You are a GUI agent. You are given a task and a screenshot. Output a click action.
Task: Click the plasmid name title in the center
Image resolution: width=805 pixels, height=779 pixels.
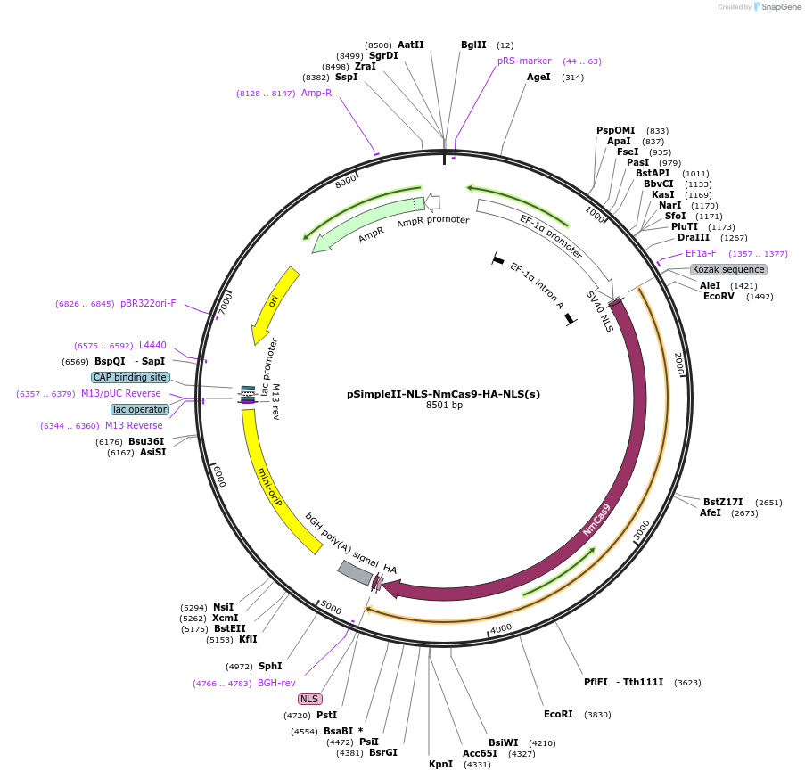click(443, 394)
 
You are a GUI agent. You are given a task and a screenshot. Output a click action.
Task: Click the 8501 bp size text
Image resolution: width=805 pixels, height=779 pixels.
click(443, 406)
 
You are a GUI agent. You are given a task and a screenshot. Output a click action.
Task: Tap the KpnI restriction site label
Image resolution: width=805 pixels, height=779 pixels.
click(440, 764)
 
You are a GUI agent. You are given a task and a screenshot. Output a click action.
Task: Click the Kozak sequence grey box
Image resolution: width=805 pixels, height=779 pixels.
click(728, 269)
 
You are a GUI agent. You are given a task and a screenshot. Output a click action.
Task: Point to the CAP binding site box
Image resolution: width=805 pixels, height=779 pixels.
click(130, 377)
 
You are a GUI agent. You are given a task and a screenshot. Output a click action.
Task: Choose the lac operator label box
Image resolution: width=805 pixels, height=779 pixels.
click(139, 409)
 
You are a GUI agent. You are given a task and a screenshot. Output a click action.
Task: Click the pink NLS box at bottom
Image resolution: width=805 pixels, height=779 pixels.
click(309, 700)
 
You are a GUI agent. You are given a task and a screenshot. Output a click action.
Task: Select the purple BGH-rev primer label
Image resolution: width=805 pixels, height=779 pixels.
click(276, 684)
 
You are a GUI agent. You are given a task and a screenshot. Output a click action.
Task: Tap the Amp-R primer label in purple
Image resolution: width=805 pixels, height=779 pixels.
click(316, 93)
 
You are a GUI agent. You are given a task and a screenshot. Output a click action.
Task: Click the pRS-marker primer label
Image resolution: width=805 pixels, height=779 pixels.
click(524, 61)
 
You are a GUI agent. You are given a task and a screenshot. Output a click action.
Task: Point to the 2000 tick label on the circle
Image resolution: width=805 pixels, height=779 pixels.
click(678, 363)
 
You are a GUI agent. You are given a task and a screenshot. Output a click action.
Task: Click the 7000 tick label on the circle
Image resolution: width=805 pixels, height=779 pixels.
click(225, 301)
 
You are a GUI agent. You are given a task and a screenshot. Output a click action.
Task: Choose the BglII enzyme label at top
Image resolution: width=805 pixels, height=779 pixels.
click(473, 45)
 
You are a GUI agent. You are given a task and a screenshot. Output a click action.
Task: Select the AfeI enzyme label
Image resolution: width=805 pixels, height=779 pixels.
click(710, 513)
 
